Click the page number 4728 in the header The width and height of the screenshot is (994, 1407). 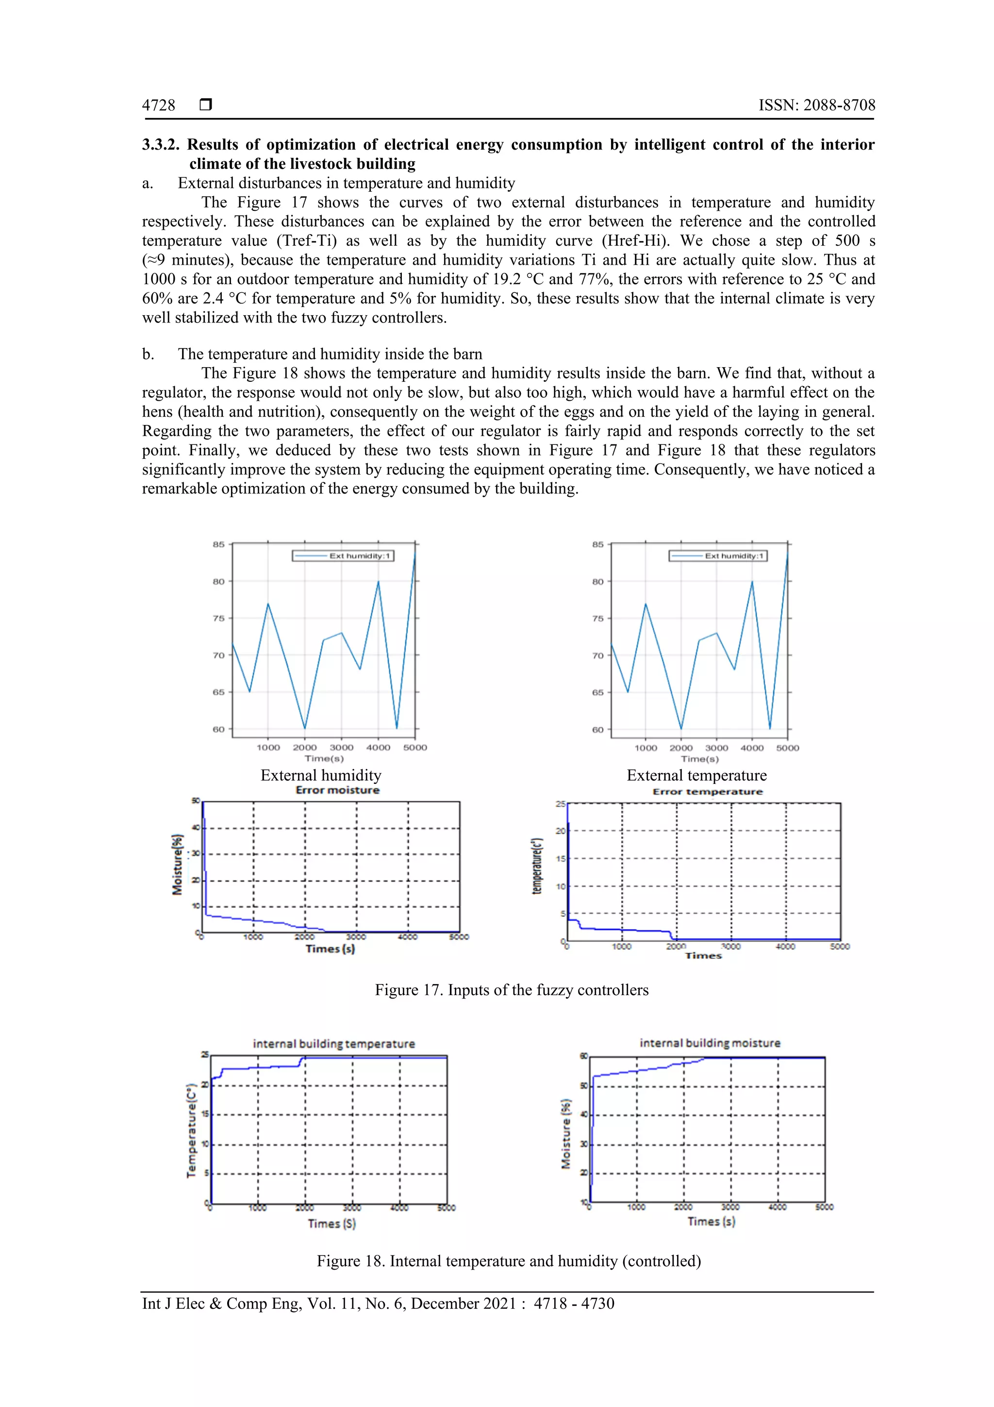pyautogui.click(x=159, y=105)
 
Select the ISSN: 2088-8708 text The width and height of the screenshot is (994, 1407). pyautogui.click(x=816, y=105)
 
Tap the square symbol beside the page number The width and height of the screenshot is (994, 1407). pyautogui.click(x=206, y=105)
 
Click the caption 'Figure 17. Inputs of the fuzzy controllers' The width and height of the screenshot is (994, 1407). pyautogui.click(x=512, y=990)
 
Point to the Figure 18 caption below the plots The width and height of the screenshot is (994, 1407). pyautogui.click(x=508, y=1261)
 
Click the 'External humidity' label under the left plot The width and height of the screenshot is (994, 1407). pyautogui.click(x=321, y=776)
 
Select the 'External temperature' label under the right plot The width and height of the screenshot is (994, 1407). pyautogui.click(x=696, y=776)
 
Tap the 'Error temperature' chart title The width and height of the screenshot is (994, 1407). pyautogui.click(x=707, y=792)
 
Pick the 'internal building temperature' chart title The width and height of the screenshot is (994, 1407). pyautogui.click(x=334, y=1044)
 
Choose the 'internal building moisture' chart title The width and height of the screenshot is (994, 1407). pyautogui.click(x=710, y=1043)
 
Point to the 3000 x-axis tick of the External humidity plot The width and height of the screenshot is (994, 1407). pyautogui.click(x=341, y=747)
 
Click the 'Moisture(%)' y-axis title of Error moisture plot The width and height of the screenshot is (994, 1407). pyautogui.click(x=178, y=865)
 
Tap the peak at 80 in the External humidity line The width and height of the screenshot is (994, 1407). pyautogui.click(x=379, y=581)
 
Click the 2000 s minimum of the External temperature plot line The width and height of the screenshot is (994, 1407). pyautogui.click(x=681, y=729)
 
